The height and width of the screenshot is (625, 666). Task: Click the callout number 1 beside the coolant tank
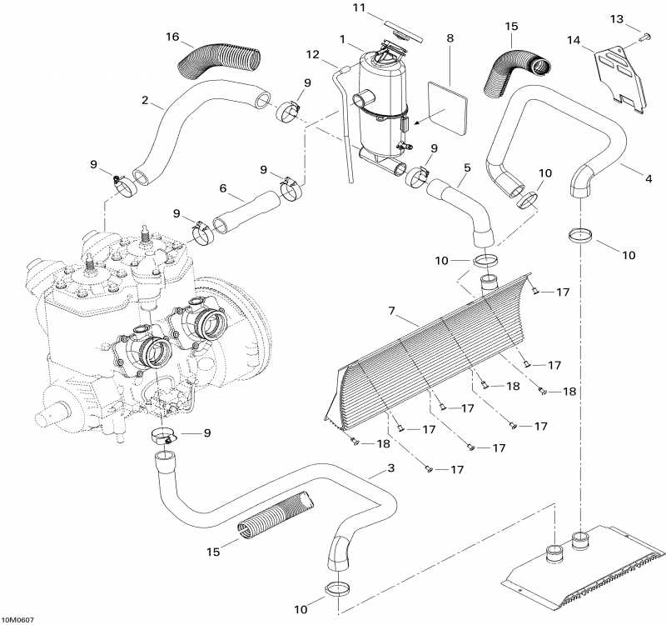pos(342,39)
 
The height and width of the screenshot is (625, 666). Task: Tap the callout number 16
pos(172,37)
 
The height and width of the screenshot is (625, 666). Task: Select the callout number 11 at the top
pos(359,8)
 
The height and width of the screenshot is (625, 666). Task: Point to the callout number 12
pos(312,55)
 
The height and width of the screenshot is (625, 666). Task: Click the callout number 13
pos(639,18)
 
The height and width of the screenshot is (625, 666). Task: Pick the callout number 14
pos(574,40)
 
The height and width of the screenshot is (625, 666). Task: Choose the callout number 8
pos(450,38)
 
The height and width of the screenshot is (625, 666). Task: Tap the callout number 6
pos(222,189)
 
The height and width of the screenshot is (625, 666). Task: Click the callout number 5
pos(467,167)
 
